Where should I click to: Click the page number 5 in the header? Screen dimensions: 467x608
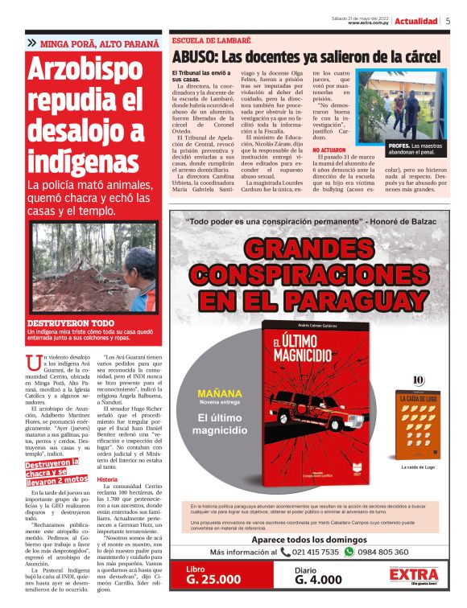point(448,21)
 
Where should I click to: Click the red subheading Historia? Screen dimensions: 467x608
point(107,479)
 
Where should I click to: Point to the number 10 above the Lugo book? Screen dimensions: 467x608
point(417,380)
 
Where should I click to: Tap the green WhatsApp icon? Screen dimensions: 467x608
point(371,552)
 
